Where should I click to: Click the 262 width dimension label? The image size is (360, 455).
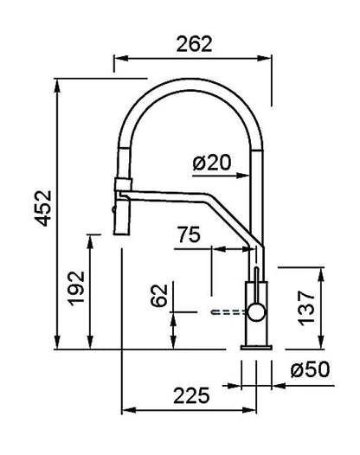[x=194, y=44]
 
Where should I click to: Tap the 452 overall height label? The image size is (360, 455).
[x=43, y=208]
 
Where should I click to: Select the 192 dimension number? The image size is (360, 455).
[x=76, y=288]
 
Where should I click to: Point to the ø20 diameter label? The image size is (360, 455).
[x=212, y=163]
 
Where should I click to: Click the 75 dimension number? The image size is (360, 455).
[x=189, y=234]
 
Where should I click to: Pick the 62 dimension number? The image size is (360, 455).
[x=159, y=295]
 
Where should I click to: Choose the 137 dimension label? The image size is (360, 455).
[x=307, y=308]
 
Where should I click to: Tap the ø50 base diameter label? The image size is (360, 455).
[x=310, y=369]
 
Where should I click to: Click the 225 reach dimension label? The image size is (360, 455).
[x=191, y=395]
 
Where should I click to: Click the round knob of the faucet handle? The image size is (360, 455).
[x=256, y=312]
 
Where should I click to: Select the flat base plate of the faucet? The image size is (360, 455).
[x=256, y=347]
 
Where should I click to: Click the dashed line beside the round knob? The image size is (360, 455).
[x=228, y=312]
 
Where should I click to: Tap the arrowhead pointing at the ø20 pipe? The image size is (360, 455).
[x=242, y=176]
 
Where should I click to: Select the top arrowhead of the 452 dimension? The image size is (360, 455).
[x=57, y=86]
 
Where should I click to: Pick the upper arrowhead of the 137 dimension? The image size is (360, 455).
[x=321, y=274]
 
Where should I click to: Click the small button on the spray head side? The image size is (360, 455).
[x=113, y=209]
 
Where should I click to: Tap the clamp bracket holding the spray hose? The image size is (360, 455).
[x=124, y=184]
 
